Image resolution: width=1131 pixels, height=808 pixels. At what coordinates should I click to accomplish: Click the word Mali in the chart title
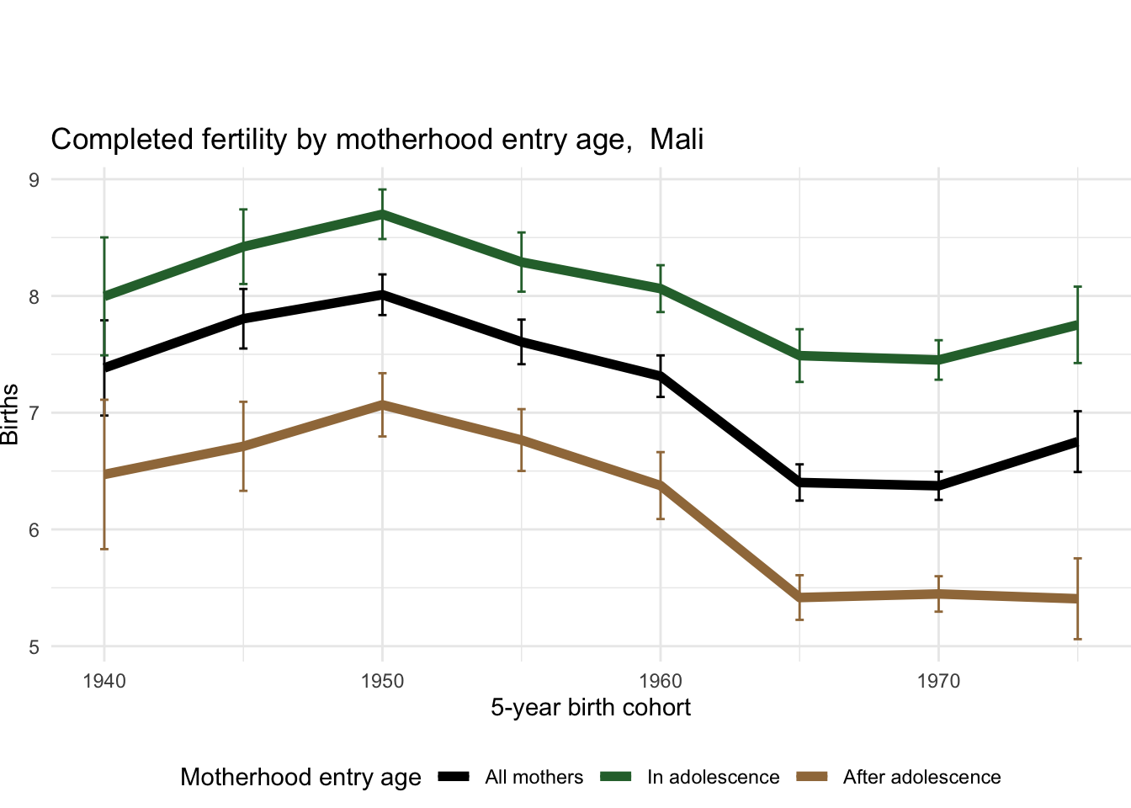(x=677, y=139)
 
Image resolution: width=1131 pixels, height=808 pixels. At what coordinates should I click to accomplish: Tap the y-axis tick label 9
(x=34, y=179)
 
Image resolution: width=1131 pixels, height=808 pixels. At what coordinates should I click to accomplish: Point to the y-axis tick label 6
(x=34, y=530)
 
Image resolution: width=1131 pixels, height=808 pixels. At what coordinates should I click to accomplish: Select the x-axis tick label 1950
(x=382, y=680)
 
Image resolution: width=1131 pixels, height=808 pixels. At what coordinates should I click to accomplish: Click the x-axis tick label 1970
(x=938, y=680)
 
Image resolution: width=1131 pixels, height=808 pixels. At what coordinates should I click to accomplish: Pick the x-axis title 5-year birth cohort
(x=591, y=707)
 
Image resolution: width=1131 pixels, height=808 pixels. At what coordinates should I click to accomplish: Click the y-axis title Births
(x=10, y=413)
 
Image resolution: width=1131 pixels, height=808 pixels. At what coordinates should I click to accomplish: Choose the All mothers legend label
(x=534, y=777)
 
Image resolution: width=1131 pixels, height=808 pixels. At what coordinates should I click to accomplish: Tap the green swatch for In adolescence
(x=616, y=777)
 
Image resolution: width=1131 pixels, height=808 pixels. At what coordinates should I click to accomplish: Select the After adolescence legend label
(x=921, y=777)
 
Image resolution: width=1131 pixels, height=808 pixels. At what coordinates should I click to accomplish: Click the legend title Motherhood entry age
(x=300, y=777)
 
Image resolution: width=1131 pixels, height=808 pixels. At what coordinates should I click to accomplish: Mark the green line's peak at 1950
(x=382, y=214)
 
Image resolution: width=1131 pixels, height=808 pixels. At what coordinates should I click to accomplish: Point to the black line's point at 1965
(x=799, y=482)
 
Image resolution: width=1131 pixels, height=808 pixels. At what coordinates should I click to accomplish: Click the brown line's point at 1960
(x=661, y=486)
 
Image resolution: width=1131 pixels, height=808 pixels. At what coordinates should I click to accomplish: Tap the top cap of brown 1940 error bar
(x=104, y=400)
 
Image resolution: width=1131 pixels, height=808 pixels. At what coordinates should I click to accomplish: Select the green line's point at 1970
(x=938, y=359)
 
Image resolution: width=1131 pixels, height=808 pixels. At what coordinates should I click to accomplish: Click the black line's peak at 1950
(x=382, y=294)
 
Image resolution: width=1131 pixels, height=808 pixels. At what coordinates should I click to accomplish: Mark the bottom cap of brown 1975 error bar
(x=1077, y=639)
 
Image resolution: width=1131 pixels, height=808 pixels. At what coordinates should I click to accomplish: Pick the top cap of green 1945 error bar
(x=243, y=210)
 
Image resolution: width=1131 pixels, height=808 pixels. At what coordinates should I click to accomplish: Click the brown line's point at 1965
(x=799, y=598)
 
